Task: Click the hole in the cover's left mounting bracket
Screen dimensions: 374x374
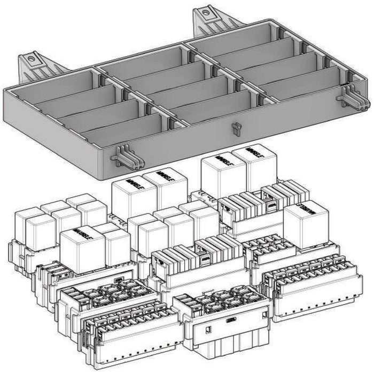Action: pyautogui.click(x=31, y=57)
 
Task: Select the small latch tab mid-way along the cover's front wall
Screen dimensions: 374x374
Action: pyautogui.click(x=236, y=128)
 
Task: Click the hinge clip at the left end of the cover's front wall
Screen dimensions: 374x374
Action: pyautogui.click(x=123, y=157)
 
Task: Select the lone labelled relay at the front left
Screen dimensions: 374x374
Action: pyautogui.click(x=83, y=249)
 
